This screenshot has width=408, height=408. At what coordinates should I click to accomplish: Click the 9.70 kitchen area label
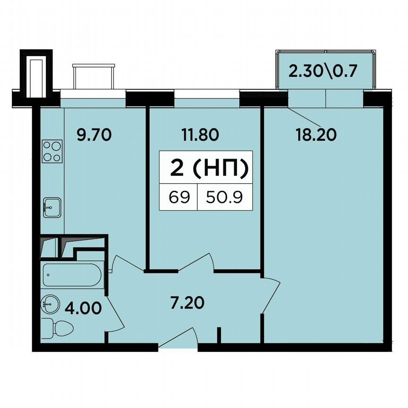(93, 136)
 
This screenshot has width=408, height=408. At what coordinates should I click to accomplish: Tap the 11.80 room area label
(200, 136)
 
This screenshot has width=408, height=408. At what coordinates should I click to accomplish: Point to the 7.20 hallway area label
(187, 302)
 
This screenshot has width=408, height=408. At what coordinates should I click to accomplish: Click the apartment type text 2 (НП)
(208, 169)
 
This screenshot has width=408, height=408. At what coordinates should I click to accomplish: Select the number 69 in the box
(178, 197)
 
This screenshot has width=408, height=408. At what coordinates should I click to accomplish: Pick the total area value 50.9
(224, 197)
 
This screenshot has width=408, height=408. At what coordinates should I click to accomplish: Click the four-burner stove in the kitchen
(52, 152)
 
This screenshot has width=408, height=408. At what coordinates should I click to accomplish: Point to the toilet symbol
(55, 328)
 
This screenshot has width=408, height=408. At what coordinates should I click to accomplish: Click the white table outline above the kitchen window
(93, 76)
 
